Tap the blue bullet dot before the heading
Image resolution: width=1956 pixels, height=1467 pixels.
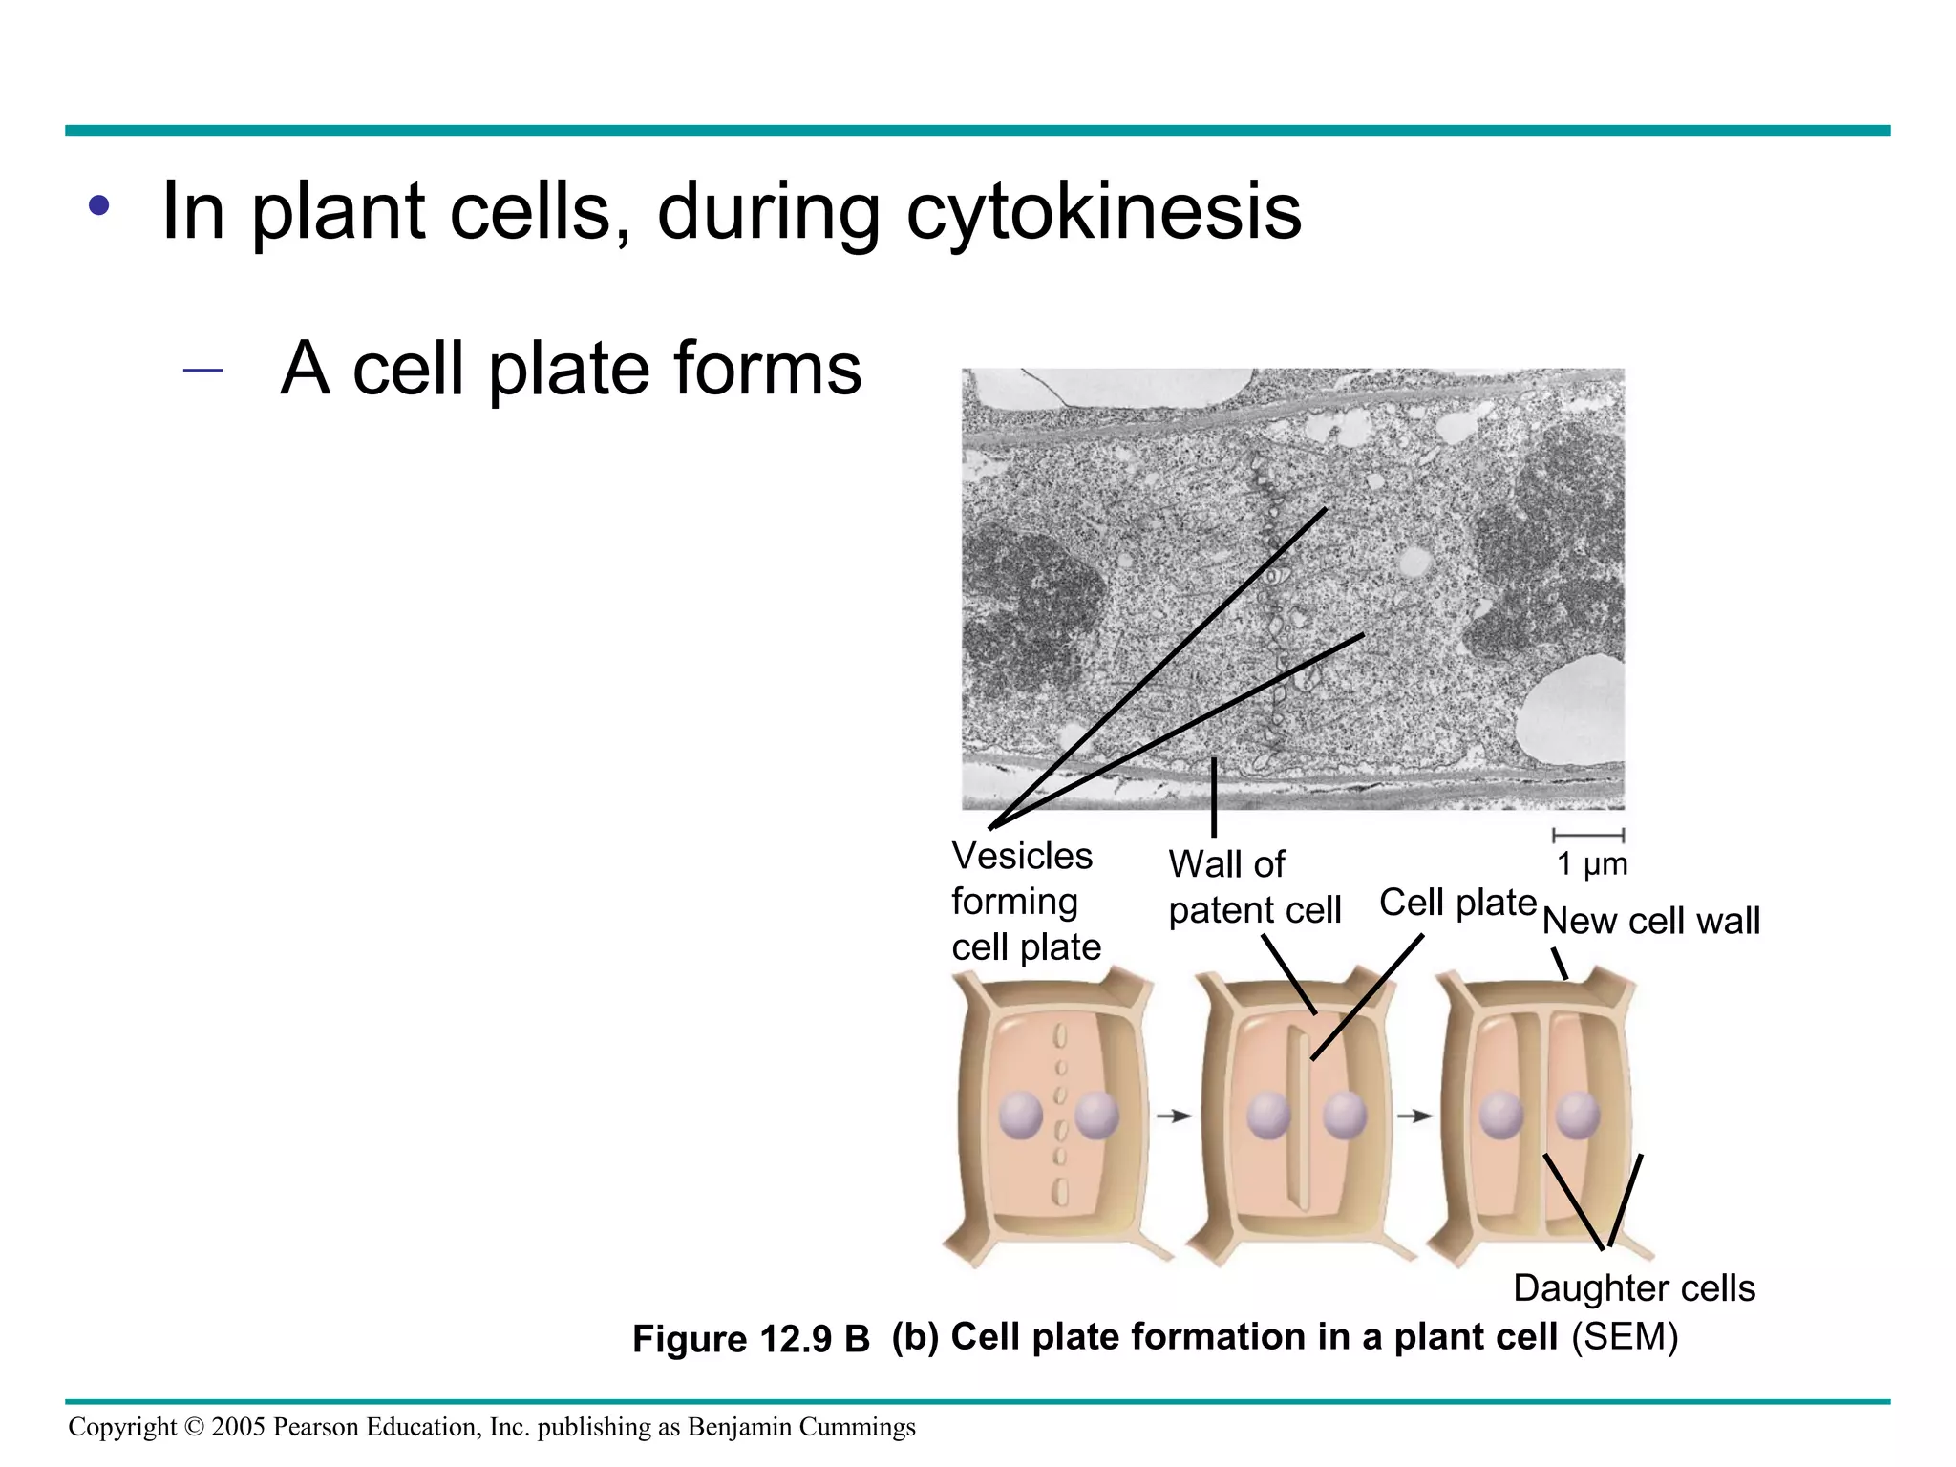pos(98,204)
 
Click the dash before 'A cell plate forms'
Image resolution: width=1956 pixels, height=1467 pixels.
pos(202,369)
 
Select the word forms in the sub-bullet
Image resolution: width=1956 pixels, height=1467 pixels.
pos(767,369)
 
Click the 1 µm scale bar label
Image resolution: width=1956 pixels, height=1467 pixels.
pos(1591,864)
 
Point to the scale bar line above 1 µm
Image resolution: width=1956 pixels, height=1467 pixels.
pos(1588,836)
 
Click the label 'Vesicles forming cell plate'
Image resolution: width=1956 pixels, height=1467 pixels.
pos(1024,902)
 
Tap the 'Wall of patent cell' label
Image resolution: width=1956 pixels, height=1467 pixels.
pos(1253,887)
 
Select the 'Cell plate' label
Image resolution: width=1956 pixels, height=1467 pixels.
pos(1457,903)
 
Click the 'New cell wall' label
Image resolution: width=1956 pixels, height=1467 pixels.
pos(1650,922)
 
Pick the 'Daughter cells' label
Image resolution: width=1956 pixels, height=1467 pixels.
pos(1634,1288)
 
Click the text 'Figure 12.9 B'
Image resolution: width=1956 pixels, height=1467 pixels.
pos(751,1339)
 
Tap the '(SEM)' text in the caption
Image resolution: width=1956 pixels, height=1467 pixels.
pos(1625,1337)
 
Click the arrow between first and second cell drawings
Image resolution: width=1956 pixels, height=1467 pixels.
pos(1174,1116)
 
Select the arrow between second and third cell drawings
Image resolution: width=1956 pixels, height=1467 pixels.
pos(1414,1116)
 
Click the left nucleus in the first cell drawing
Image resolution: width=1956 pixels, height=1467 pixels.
pos(1020,1116)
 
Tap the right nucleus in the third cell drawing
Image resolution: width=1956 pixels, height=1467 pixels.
pos(1577,1116)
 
